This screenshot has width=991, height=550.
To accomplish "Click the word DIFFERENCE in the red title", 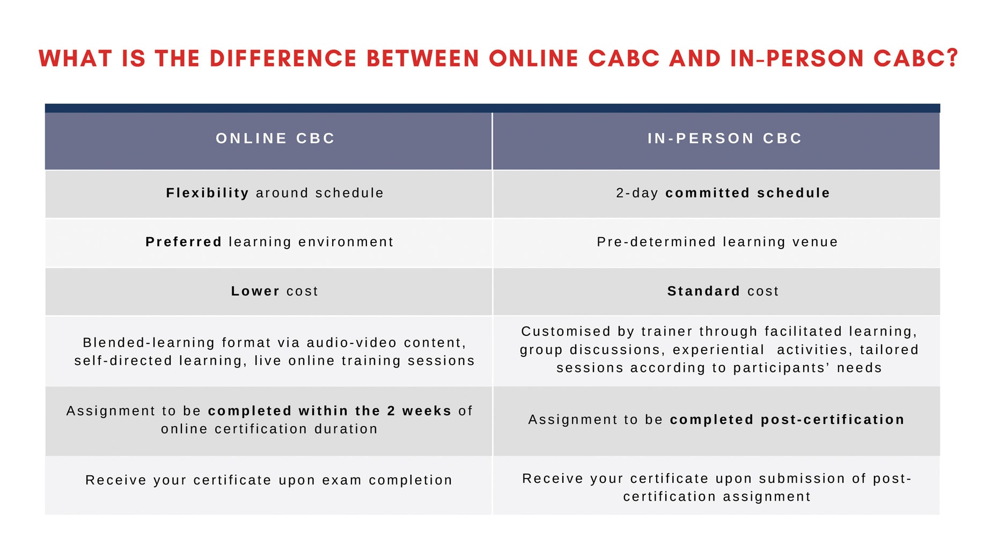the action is click(283, 58).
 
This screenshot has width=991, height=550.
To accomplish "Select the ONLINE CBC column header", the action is click(275, 138).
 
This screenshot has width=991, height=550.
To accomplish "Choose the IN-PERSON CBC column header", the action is click(725, 138).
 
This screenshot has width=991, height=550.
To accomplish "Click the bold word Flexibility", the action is click(208, 193).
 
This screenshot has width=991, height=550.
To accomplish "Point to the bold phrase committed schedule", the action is click(747, 193).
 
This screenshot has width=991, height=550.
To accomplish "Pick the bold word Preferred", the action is click(183, 242).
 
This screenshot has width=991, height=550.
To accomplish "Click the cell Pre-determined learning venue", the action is click(717, 242).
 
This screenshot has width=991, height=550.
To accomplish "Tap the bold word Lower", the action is click(255, 291).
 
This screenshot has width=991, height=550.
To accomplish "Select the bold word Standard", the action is click(704, 291).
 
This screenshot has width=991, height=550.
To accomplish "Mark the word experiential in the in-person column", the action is click(718, 350).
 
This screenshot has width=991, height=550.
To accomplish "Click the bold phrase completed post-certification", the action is click(787, 420).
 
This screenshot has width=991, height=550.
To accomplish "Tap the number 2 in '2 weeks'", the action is click(391, 411).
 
